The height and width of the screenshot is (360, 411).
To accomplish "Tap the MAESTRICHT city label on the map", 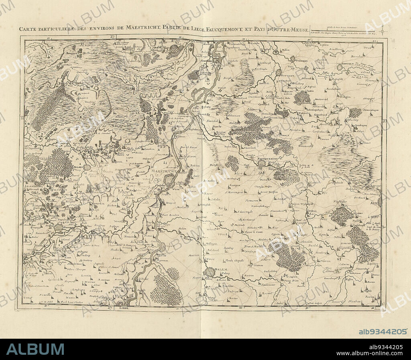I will pos(165,171).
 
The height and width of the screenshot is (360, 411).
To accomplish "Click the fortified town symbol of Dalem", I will pos(209,273).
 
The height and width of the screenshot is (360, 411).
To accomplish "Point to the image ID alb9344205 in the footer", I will pos(383,331).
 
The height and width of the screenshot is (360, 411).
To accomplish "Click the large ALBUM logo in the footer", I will pos(35,349).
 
